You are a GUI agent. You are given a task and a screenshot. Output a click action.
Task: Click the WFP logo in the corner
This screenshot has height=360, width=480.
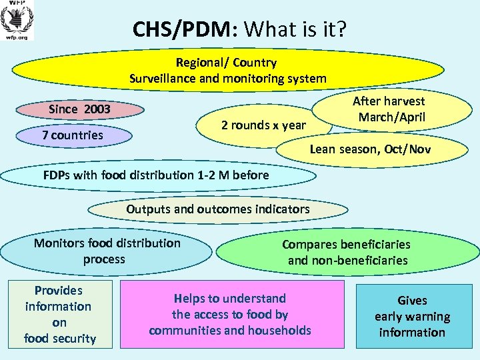tap(17, 19)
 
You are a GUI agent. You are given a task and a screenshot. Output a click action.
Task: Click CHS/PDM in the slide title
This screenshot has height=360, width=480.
tap(180, 29)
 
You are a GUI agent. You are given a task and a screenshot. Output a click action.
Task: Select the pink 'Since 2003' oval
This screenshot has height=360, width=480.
tap(79, 109)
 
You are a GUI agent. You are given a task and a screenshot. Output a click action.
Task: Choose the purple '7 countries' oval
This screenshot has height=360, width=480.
tap(73, 135)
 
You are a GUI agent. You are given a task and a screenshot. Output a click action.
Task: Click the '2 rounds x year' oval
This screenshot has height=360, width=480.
tap(263, 125)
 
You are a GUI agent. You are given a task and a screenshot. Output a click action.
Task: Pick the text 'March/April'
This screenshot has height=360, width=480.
tap(391, 117)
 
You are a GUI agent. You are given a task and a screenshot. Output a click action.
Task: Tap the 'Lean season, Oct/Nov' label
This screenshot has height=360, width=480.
tap(370, 149)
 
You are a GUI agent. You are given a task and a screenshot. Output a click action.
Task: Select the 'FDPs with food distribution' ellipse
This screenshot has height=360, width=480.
tap(157, 175)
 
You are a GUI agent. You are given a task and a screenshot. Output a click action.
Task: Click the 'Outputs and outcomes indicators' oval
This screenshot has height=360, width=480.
tap(218, 209)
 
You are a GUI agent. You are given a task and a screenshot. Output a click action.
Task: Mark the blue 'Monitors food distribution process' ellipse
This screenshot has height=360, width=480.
tap(107, 251)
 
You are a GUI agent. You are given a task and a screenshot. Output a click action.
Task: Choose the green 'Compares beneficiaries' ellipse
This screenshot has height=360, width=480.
tap(347, 252)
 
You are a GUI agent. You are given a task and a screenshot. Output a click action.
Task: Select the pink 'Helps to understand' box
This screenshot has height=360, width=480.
tap(230, 314)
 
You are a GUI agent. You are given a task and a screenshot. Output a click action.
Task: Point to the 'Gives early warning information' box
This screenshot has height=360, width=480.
tap(412, 316)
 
